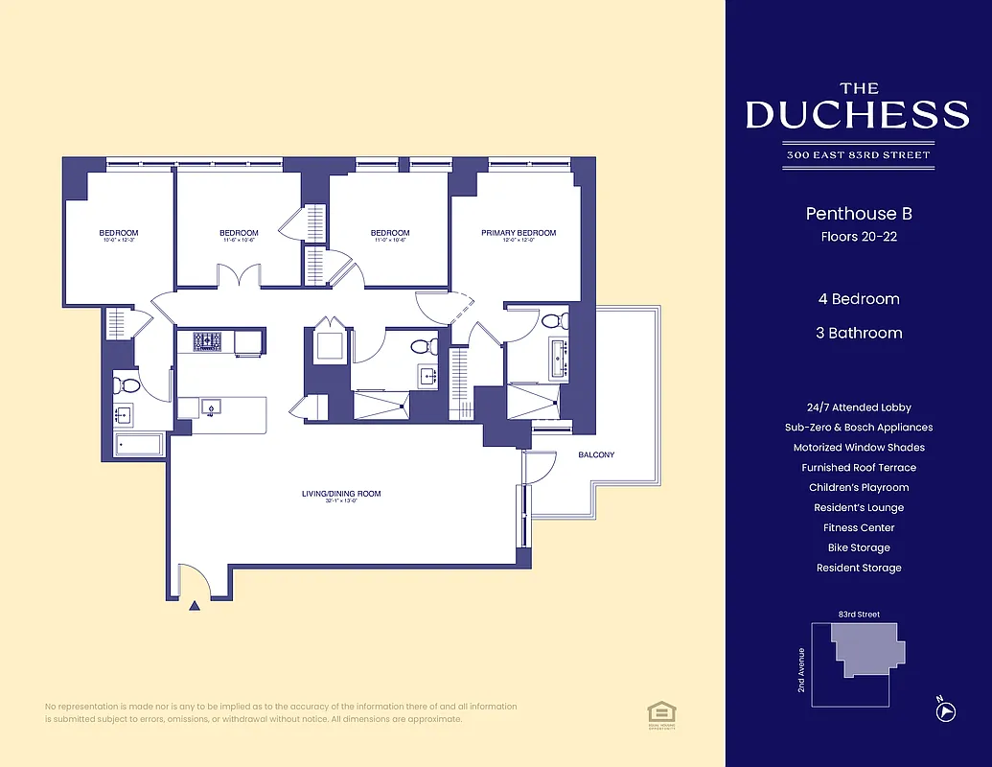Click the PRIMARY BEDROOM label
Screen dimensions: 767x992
[518, 233]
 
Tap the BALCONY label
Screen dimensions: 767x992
[596, 454]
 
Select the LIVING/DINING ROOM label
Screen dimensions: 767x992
[341, 494]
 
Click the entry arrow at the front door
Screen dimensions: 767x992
[196, 605]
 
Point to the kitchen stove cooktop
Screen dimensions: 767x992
[208, 340]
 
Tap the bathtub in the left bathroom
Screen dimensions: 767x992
[138, 445]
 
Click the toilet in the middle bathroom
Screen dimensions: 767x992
[423, 345]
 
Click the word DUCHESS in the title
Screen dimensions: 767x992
[857, 115]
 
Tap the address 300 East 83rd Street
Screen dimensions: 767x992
[857, 155]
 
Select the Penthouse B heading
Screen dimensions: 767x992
[858, 214]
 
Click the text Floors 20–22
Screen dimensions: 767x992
[858, 237]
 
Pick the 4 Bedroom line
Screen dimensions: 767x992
[858, 299]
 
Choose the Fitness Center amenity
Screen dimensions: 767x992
[858, 527]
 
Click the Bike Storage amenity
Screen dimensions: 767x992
[858, 547]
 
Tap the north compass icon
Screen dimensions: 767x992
[944, 710]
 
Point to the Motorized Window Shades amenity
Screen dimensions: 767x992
[858, 448]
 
